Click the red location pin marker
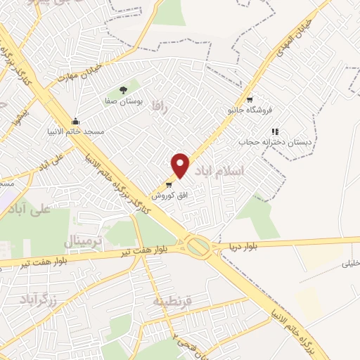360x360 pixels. [181, 165]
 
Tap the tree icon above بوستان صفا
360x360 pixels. [124, 89]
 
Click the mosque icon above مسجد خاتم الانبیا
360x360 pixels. [76, 120]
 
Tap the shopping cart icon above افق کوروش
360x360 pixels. [168, 184]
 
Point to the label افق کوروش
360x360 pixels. [162, 195]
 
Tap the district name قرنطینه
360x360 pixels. [172, 301]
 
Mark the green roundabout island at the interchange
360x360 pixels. [198, 247]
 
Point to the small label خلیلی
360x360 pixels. [350, 264]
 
